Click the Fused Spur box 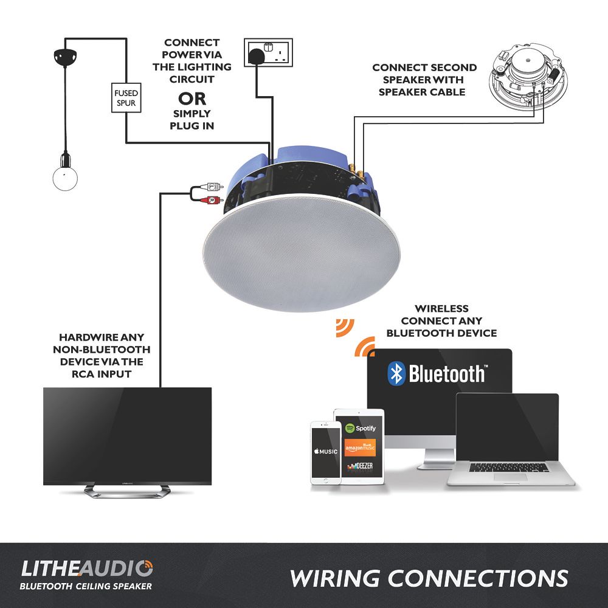[126, 98]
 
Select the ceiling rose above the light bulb [65, 57]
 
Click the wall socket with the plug [268, 52]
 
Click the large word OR [192, 99]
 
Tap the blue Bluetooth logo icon [396, 373]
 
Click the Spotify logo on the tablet [360, 428]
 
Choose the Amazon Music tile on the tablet [360, 447]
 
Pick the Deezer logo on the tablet [360, 466]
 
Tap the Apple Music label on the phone [326, 451]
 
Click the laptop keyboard [509, 467]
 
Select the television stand [127, 491]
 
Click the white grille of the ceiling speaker [302, 253]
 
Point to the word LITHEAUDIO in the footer [87, 569]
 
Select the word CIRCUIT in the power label [192, 79]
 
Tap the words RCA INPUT [102, 374]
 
